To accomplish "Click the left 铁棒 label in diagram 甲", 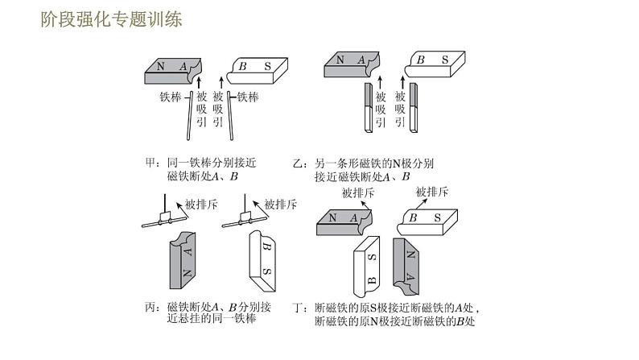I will tap(171, 97).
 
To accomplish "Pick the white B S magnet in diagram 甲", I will tap(258, 68).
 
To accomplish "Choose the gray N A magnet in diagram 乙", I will tap(350, 63).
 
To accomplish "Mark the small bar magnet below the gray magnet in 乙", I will tap(369, 106).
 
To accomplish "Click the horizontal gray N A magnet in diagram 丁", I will tap(346, 220).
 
